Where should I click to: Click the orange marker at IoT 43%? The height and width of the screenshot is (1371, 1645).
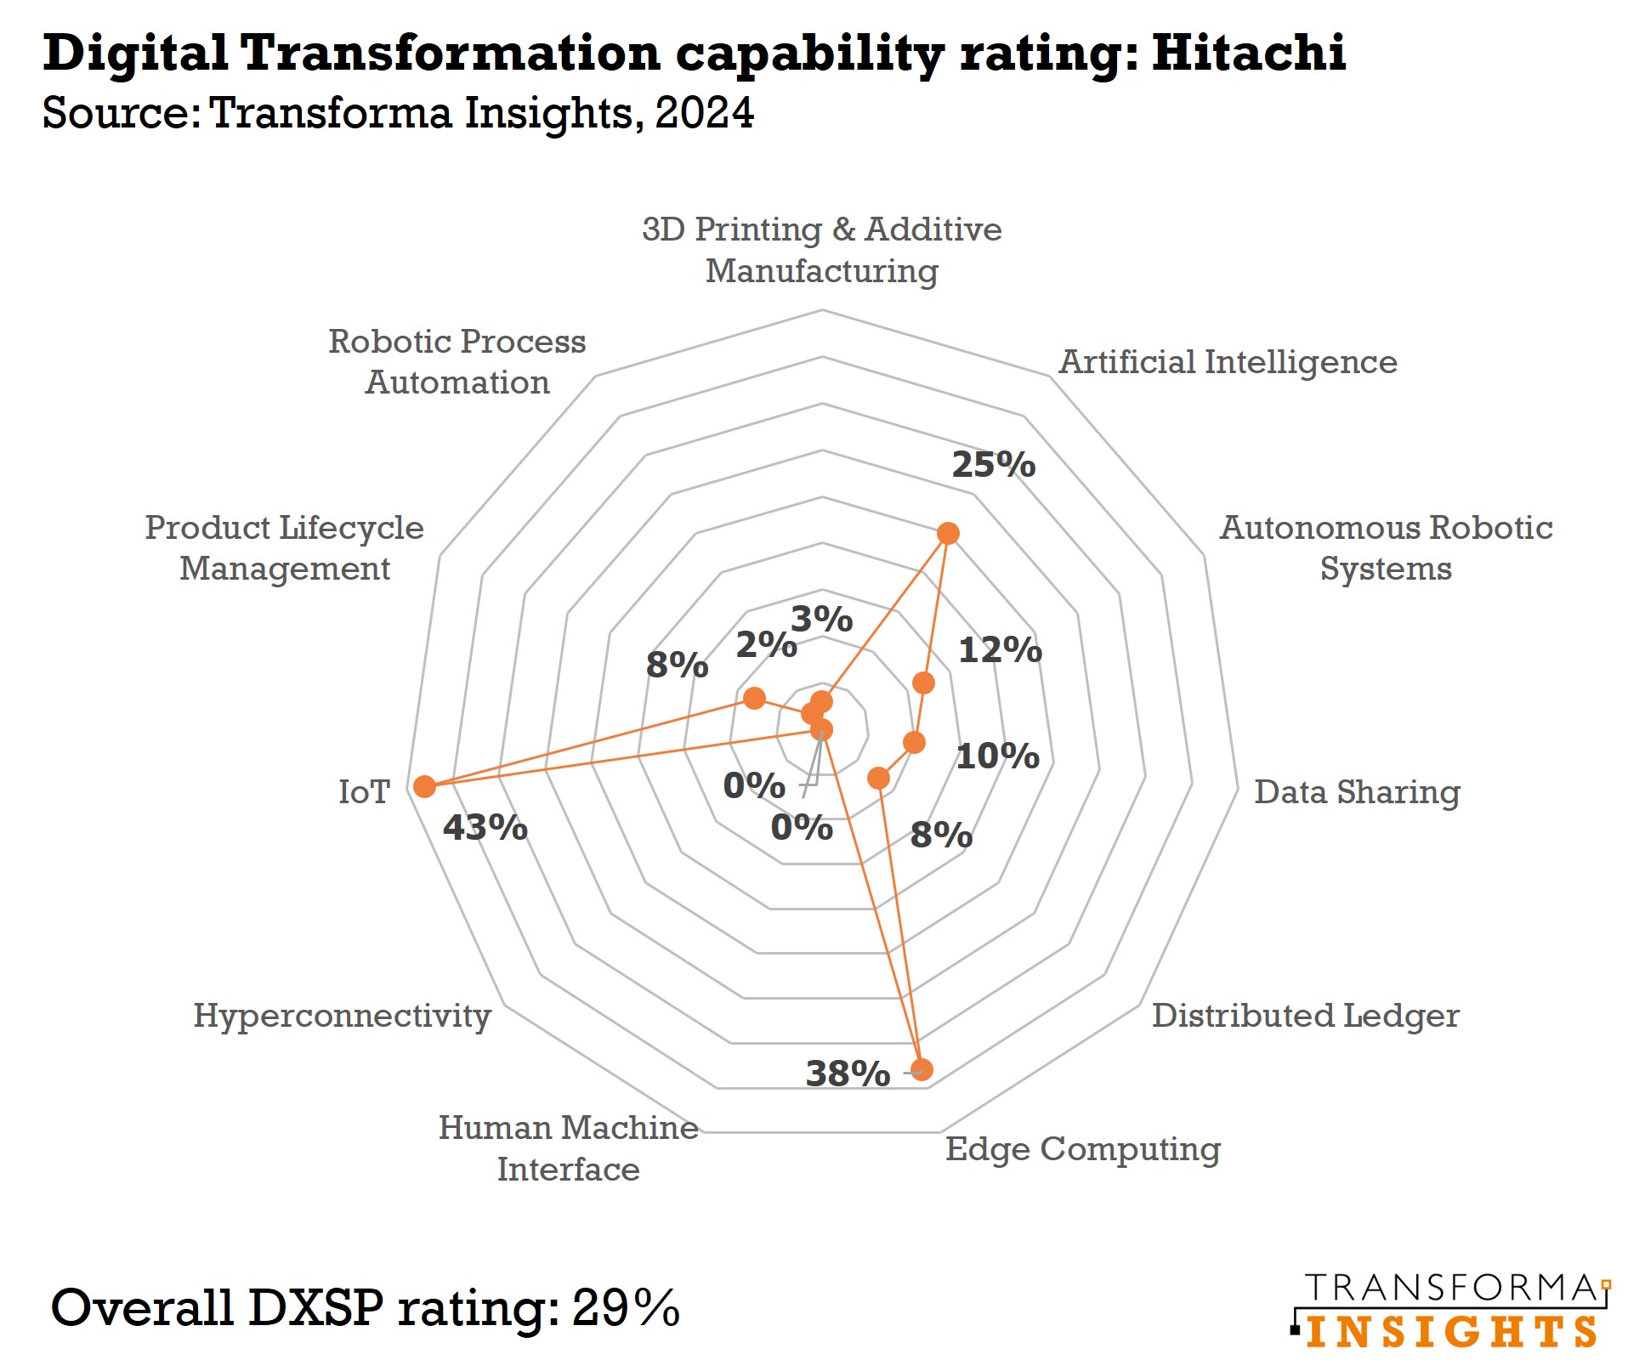(x=424, y=786)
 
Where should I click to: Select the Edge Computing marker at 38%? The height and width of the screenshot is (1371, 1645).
(x=922, y=1069)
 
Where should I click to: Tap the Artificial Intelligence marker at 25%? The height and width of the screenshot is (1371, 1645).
(x=948, y=534)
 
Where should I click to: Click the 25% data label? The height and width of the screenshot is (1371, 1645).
(x=993, y=465)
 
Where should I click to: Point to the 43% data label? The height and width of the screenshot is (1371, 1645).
(x=485, y=827)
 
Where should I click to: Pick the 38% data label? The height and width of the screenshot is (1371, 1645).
(x=848, y=1074)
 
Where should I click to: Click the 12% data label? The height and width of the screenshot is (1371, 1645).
(x=1000, y=650)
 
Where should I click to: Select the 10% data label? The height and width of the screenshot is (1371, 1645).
(x=997, y=756)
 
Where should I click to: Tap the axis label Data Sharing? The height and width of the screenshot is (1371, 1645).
(x=1357, y=791)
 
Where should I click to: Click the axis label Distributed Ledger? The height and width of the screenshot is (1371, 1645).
(x=1305, y=1015)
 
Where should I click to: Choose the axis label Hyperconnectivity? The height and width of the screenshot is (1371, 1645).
(x=342, y=1015)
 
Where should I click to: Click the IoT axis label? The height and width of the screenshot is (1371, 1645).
(x=364, y=791)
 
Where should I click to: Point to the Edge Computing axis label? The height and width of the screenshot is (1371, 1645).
(x=1082, y=1148)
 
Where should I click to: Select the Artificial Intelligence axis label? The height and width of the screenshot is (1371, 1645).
(x=1227, y=362)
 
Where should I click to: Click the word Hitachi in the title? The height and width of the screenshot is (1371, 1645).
(x=1249, y=53)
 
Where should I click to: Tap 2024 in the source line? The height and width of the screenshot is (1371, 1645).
(x=704, y=113)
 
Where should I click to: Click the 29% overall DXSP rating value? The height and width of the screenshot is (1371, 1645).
(x=626, y=1307)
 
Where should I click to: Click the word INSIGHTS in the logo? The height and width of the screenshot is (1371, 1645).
(x=1451, y=1332)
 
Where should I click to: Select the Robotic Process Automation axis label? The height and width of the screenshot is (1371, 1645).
(x=457, y=361)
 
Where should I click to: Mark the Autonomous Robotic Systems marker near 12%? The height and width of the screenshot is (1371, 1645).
(x=923, y=683)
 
